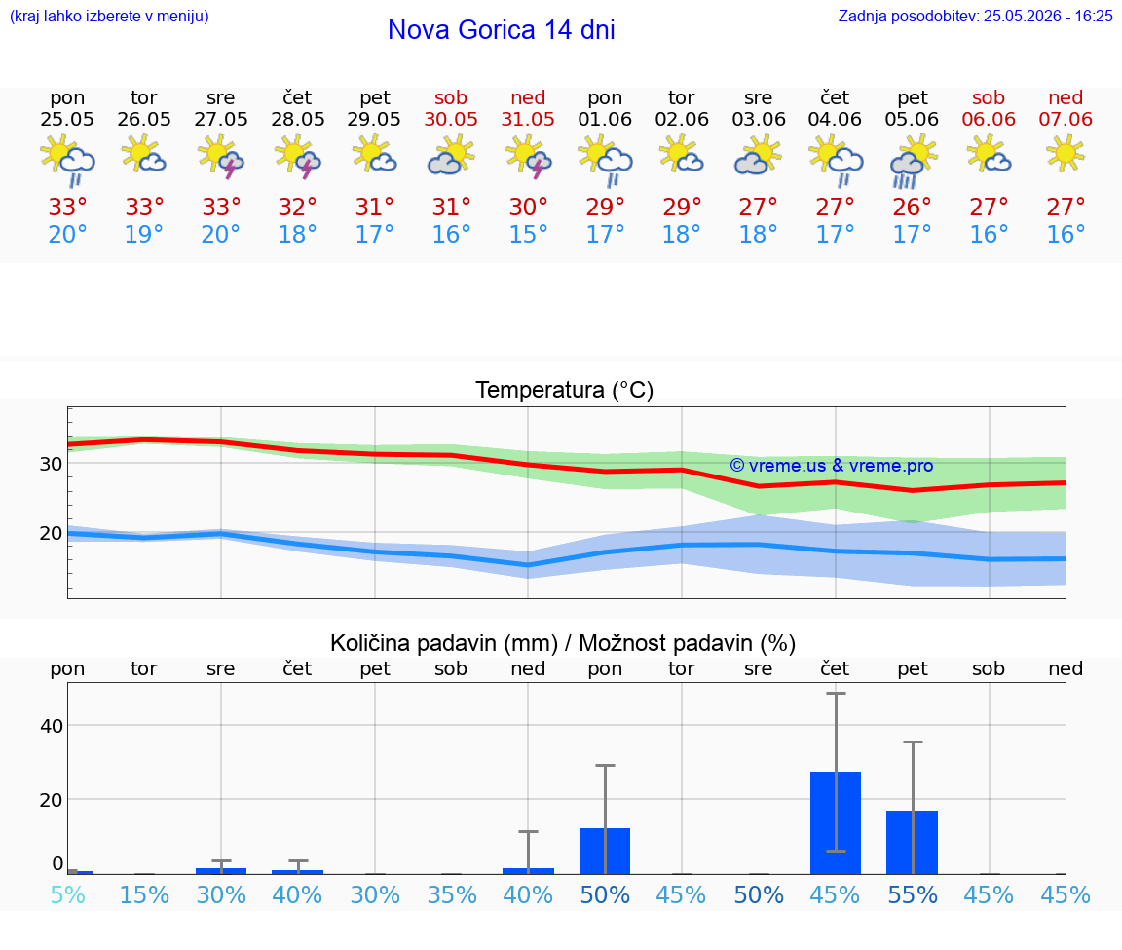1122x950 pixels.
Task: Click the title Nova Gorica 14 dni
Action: [x=501, y=30]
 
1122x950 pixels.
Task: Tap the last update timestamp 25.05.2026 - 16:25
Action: [x=1048, y=17]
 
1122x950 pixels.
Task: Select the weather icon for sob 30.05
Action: [x=451, y=156]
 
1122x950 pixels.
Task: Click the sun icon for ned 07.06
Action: [x=1066, y=155]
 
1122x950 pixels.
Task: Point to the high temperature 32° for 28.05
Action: [x=298, y=208]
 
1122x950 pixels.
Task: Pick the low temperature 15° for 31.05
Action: [x=528, y=234]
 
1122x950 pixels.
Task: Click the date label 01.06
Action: [x=605, y=120]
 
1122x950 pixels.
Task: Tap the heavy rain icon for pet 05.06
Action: [x=913, y=163]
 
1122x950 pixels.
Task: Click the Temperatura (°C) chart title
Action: [x=565, y=390]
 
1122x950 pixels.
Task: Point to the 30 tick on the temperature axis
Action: [x=51, y=464]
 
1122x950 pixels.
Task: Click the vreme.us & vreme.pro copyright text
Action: [x=832, y=466]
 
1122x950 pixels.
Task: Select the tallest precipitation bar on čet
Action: [x=836, y=822]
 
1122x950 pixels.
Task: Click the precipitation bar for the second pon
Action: [x=605, y=852]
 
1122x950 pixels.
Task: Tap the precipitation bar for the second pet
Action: [x=913, y=843]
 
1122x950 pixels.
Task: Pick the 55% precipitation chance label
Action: [x=913, y=894]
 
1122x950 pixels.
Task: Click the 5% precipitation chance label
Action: [x=68, y=894]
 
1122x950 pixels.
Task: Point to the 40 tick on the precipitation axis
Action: [x=52, y=726]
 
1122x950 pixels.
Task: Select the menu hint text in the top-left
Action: [x=109, y=17]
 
